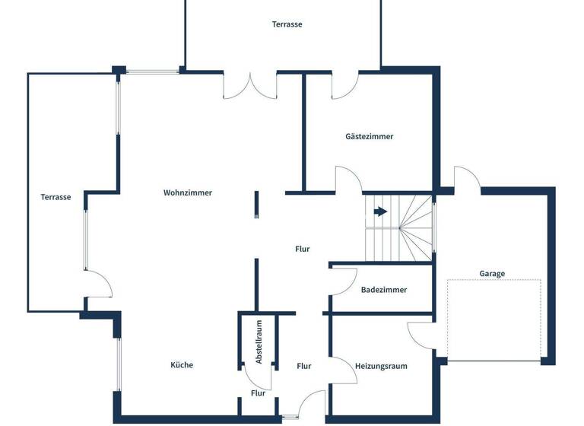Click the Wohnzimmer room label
pos(188,193)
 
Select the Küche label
pos(182,365)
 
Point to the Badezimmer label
pos(384,290)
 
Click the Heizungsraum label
pos(381,366)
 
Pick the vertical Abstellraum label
pos(259,342)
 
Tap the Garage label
pos(492,274)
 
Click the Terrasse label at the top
pos(287,24)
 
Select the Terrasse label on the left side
pos(56,197)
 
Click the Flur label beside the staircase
pos(303,249)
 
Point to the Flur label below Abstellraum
pos(258,393)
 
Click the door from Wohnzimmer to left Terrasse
pos(100,285)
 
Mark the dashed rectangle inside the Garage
pos(494,319)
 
